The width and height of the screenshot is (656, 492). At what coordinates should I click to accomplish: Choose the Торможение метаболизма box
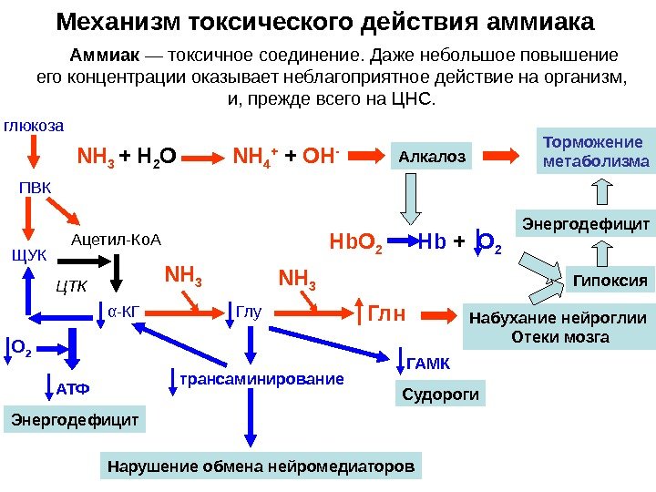(x=596, y=153)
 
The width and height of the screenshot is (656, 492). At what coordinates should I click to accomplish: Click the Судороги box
(x=440, y=395)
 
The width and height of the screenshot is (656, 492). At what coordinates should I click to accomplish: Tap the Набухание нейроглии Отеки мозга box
(x=558, y=328)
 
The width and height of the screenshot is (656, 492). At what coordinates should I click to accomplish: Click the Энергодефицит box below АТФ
(x=76, y=420)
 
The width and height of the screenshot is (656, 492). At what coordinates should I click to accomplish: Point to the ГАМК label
(x=426, y=364)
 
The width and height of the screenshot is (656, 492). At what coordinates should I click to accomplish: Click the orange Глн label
(x=385, y=315)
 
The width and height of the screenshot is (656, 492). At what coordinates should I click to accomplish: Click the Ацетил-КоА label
(x=115, y=240)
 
